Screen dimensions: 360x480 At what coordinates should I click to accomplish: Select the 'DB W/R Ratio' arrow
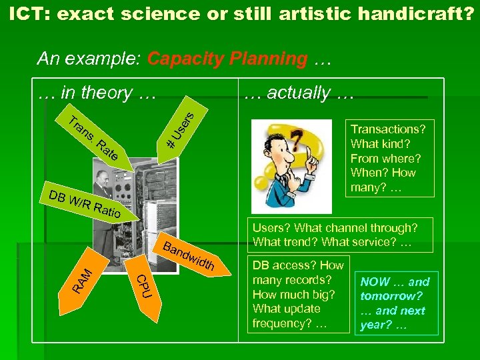83,201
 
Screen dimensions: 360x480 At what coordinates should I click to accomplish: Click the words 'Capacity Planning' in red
227,59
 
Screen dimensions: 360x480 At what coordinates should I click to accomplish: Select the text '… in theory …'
97,93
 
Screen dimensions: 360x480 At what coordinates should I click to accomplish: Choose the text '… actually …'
299,93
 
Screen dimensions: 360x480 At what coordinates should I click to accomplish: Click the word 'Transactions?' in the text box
387,129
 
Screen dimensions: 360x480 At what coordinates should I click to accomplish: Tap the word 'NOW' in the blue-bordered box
374,282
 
